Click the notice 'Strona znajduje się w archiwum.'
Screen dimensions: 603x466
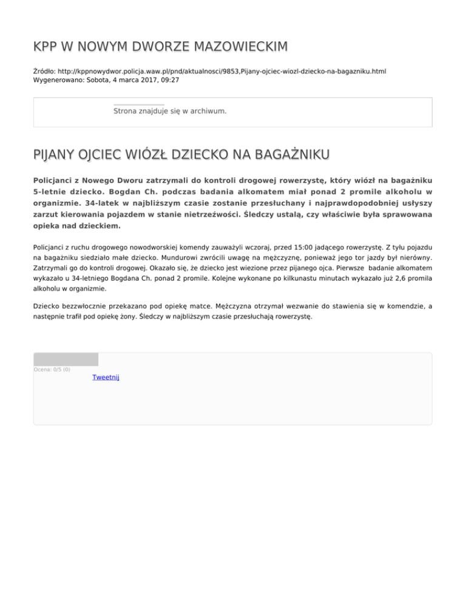click(x=170, y=111)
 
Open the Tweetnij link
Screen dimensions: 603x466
click(x=106, y=377)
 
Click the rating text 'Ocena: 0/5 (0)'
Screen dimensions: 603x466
click(x=52, y=369)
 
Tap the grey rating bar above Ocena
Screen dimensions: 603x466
click(x=66, y=359)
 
